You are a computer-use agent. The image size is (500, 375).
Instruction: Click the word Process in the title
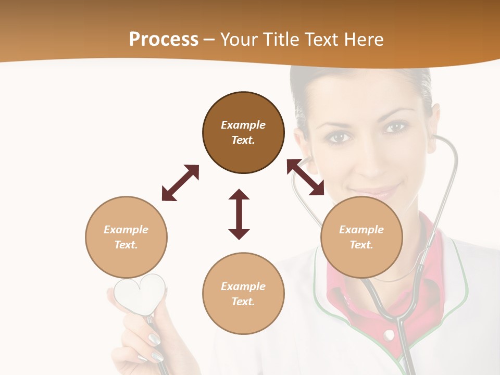(x=164, y=40)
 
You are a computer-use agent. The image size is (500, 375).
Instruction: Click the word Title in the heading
(x=279, y=40)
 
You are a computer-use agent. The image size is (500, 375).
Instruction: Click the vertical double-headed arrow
(x=239, y=214)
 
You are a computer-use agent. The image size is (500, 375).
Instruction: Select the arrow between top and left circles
(x=180, y=183)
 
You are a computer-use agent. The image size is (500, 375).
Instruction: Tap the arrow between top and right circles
(x=306, y=178)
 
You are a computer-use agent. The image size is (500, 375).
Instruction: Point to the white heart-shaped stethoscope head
(x=140, y=293)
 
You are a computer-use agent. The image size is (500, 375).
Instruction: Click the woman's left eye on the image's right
(x=397, y=127)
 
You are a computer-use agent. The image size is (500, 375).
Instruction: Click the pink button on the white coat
(x=389, y=336)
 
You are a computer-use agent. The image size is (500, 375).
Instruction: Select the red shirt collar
(x=432, y=292)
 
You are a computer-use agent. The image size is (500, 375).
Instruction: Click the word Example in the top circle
(x=243, y=125)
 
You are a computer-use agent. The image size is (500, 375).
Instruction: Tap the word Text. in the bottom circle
(x=243, y=302)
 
